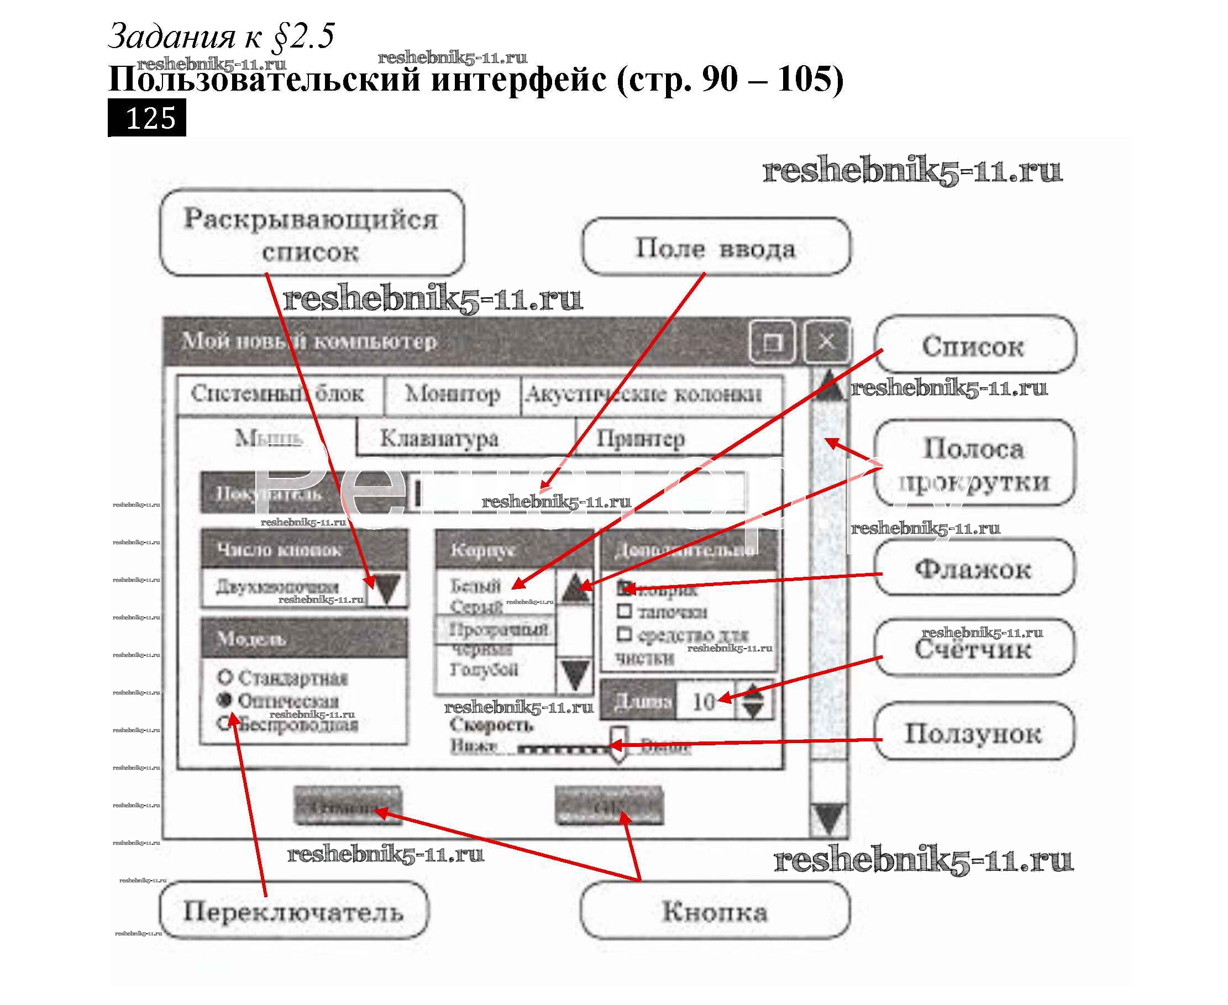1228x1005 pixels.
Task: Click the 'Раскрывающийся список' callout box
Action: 312,233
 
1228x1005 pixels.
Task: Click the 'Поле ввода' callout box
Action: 716,247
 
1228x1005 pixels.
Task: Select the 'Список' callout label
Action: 974,346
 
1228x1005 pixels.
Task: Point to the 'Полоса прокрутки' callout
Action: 974,464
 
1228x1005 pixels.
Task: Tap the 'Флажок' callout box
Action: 974,569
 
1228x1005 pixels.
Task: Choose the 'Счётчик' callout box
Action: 974,649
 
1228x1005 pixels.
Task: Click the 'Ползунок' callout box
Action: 974,733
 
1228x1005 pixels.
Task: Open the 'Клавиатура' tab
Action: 439,438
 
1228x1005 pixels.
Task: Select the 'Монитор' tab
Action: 452,394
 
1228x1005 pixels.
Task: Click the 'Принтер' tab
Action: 641,438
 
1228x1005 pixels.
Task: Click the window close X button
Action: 827,341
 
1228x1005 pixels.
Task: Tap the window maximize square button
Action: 772,341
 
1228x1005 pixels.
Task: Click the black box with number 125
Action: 147,118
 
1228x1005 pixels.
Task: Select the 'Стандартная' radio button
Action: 225,676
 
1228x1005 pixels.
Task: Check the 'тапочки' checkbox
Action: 624,611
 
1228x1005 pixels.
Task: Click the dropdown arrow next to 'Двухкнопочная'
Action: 387,588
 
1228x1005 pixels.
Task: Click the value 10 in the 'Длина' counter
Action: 704,702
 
